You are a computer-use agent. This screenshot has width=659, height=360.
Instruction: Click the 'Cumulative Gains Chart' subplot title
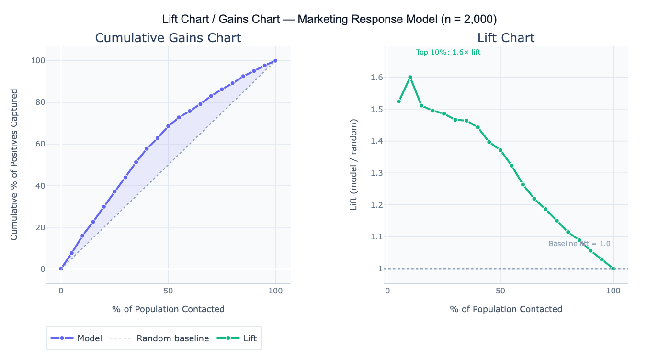click(168, 38)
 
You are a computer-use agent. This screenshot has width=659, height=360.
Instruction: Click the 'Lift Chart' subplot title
click(506, 38)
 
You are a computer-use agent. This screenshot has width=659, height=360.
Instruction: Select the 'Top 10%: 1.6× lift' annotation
click(448, 53)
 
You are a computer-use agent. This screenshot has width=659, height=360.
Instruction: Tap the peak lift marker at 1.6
click(410, 77)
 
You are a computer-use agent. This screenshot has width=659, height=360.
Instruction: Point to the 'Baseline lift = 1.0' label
click(579, 244)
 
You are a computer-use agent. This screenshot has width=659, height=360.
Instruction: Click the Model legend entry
click(77, 338)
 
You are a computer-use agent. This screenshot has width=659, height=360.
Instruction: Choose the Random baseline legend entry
click(159, 338)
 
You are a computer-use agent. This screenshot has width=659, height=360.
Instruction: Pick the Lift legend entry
click(237, 338)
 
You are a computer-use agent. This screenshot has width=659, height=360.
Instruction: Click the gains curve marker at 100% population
click(275, 61)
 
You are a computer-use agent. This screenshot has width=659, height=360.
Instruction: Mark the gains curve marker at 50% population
click(168, 126)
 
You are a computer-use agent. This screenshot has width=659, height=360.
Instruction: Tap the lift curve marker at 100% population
click(613, 269)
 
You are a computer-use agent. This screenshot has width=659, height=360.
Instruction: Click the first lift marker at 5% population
click(398, 101)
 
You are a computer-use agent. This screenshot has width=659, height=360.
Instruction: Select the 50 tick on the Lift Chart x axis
click(500, 291)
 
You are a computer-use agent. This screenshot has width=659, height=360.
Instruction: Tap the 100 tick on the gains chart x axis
click(275, 291)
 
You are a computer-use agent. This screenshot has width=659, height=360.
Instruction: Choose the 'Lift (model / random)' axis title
click(354, 165)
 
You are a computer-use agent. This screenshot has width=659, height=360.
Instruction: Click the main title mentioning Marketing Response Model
click(329, 19)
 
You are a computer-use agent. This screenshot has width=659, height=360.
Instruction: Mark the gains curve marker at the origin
click(61, 269)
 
